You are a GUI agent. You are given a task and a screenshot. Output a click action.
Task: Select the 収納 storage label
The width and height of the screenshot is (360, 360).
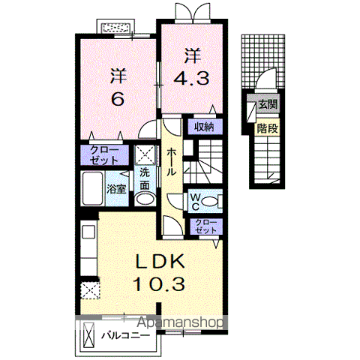[x=205, y=127]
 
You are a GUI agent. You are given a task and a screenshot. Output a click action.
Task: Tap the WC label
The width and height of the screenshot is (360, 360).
[x=194, y=201]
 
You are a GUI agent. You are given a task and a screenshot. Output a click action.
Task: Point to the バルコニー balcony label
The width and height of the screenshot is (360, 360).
[x=124, y=335]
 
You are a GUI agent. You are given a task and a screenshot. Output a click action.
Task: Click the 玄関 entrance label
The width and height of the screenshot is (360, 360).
[x=268, y=105]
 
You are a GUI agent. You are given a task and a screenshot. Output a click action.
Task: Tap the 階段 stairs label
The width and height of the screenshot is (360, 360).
[x=268, y=128]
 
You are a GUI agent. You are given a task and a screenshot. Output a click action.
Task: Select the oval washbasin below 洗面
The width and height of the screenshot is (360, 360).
[x=144, y=198]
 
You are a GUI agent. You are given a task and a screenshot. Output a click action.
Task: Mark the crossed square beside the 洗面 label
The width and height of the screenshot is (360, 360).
[x=145, y=155]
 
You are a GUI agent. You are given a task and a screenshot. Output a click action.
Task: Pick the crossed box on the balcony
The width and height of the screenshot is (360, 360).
[x=90, y=333]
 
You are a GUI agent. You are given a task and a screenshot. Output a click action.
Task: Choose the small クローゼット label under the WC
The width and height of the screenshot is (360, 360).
[x=204, y=227]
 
